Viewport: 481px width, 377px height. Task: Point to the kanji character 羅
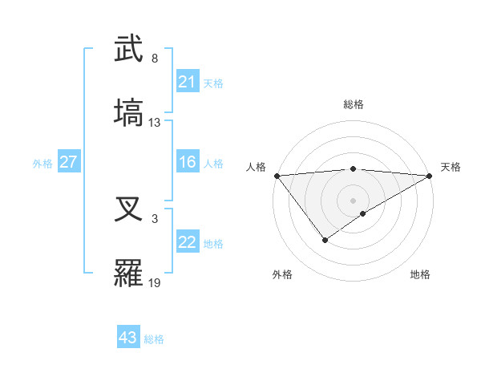point(129,273)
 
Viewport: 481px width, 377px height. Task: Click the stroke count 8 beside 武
point(155,59)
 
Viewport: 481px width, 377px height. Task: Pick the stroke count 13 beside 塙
point(155,123)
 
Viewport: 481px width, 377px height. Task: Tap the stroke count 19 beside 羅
point(155,283)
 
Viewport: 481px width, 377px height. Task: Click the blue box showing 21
point(187,82)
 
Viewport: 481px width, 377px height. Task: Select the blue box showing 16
point(187,163)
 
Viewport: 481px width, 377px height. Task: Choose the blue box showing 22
point(187,243)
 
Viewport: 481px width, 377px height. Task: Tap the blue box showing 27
point(68,162)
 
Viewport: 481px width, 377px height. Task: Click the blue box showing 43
point(127,338)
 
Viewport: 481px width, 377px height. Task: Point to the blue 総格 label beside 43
point(154,339)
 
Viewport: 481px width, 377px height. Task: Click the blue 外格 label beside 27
point(42,164)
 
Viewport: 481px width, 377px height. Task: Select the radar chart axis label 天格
point(451,167)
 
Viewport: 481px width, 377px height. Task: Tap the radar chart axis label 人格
point(256,167)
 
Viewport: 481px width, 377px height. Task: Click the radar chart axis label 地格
point(420,274)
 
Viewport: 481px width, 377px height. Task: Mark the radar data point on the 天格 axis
point(430,176)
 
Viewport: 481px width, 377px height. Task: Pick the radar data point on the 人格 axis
point(277,176)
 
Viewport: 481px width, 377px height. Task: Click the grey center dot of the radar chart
point(353,200)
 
